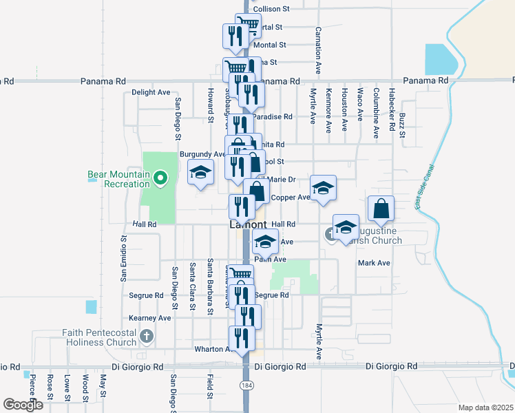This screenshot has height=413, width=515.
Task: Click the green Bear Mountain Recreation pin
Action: point(160,180)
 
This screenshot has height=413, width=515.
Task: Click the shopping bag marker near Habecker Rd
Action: point(381,206)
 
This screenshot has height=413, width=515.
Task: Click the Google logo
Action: point(23,405)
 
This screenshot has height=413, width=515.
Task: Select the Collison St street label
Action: point(272,9)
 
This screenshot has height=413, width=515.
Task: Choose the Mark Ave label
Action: point(374,263)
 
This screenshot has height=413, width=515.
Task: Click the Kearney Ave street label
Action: point(150,318)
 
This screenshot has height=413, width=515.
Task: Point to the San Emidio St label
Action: point(124,259)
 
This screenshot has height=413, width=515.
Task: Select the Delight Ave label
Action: point(151,92)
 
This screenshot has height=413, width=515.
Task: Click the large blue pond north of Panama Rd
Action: point(440,59)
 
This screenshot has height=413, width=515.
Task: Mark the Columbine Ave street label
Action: point(376,113)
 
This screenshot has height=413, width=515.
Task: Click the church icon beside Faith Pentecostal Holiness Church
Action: point(146,337)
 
